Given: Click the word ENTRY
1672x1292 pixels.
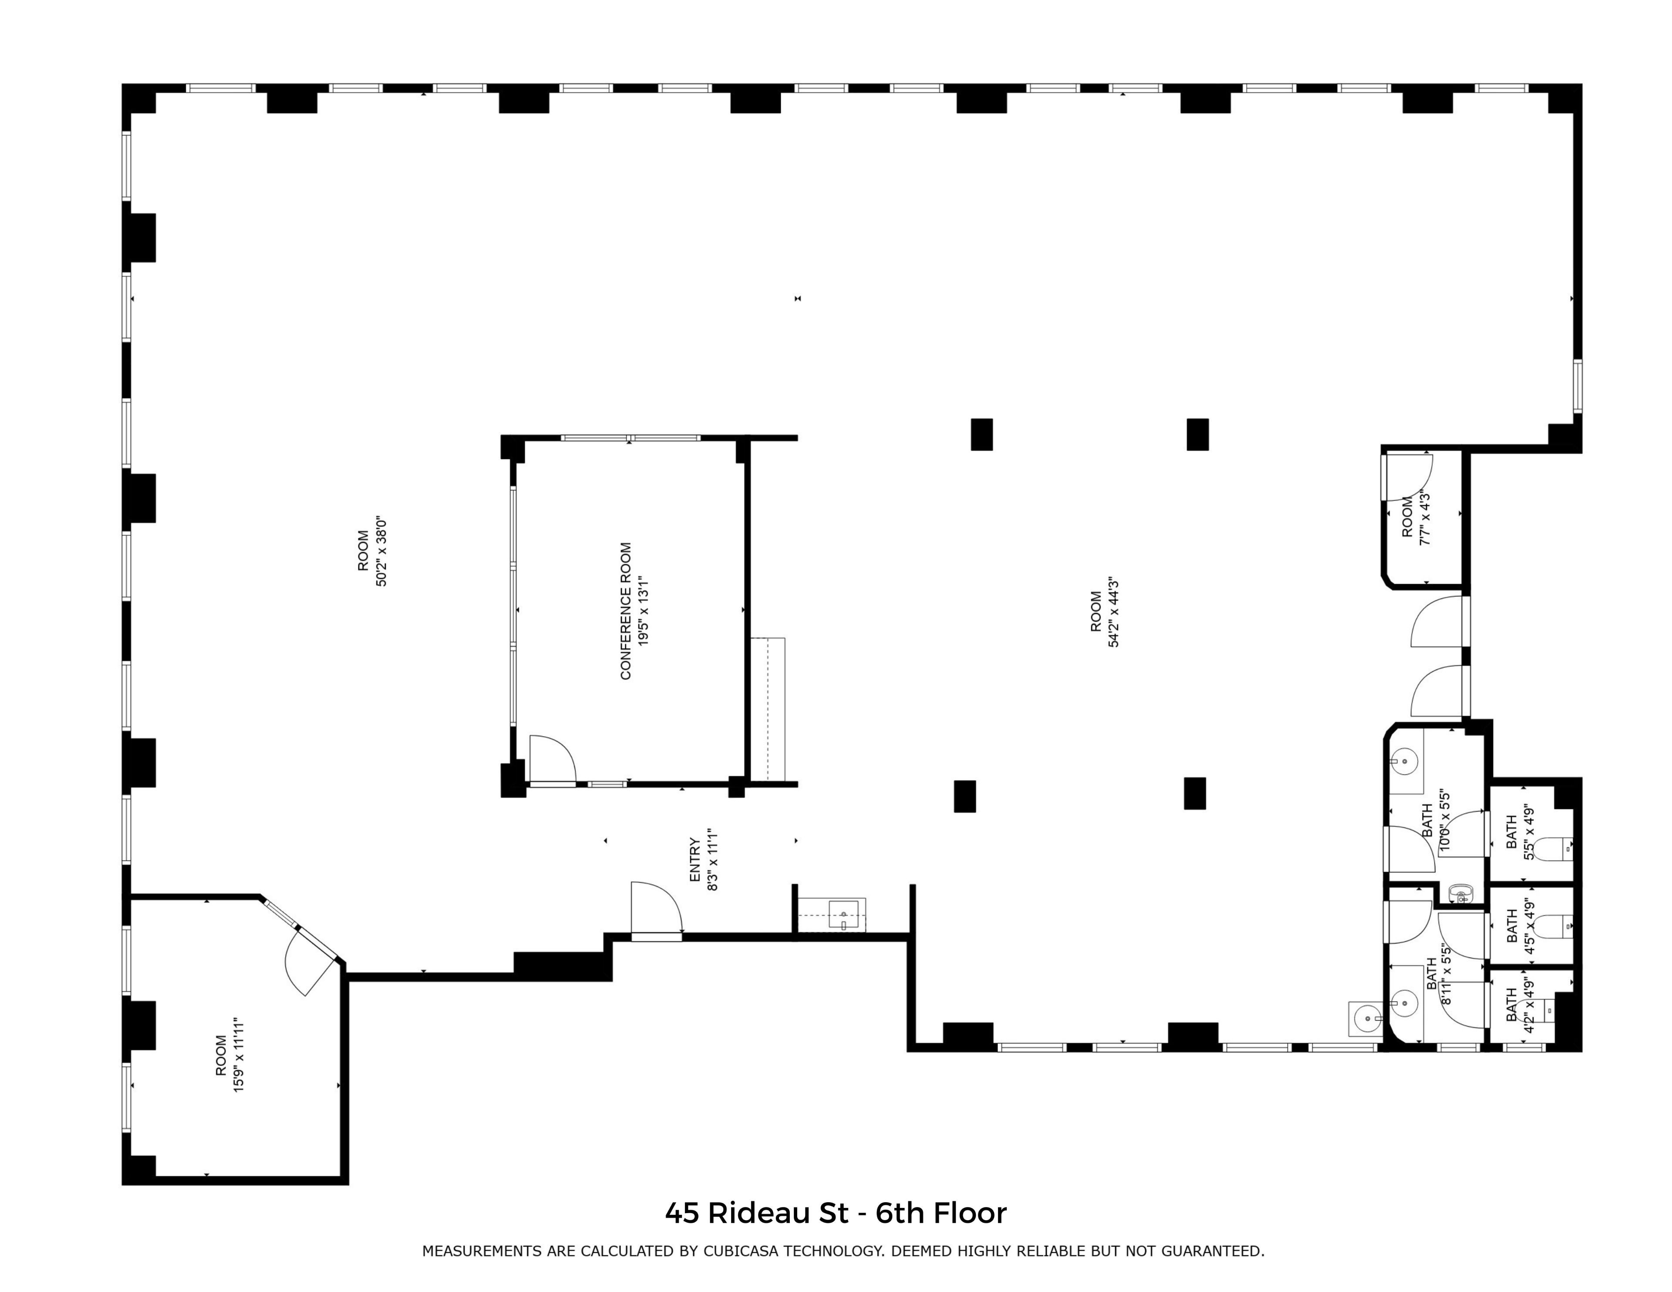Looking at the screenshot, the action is tap(695, 859).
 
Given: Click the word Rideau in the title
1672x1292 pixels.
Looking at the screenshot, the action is tap(778, 1213).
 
